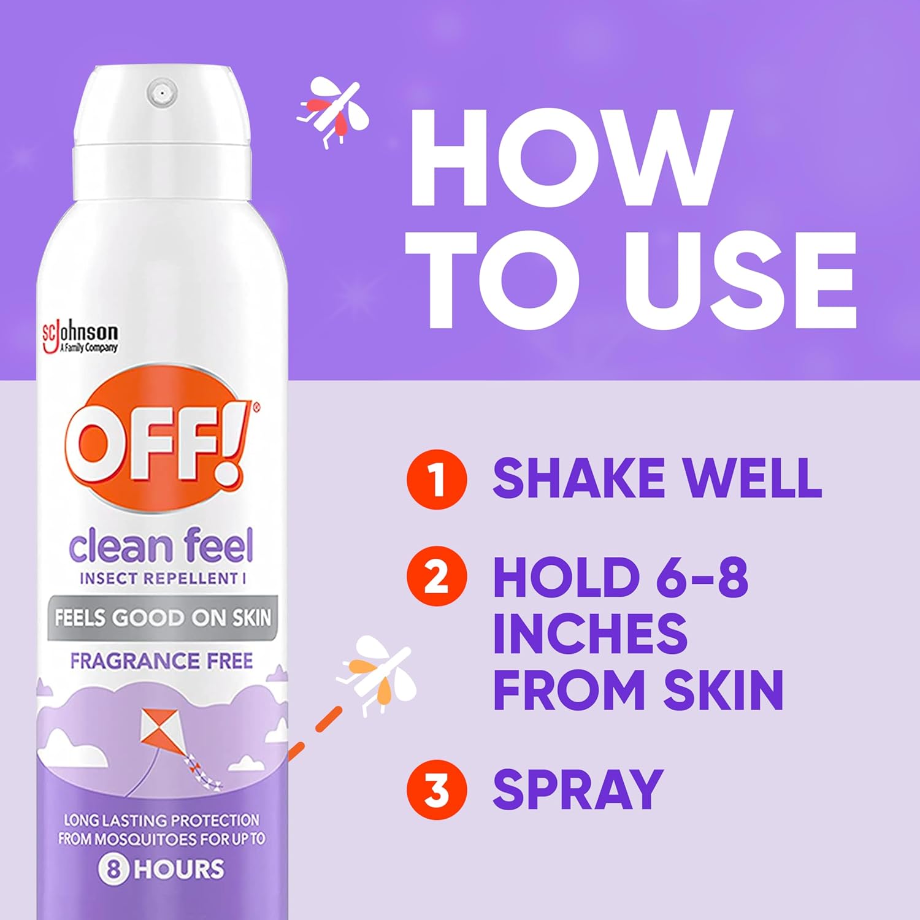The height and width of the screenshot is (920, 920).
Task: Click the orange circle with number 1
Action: [x=437, y=479]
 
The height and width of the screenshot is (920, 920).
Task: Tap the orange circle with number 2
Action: [x=437, y=577]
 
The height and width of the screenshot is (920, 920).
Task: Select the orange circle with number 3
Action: [x=437, y=790]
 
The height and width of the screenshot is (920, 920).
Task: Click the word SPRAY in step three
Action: [x=578, y=790]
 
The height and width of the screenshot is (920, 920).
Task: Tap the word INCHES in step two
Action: [x=590, y=634]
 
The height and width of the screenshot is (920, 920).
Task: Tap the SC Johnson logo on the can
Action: [x=80, y=338]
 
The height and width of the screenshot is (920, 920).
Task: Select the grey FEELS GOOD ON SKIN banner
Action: [x=163, y=618]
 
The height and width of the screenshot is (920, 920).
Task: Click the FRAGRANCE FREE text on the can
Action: [x=161, y=661]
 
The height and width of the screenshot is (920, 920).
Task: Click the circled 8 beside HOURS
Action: [x=113, y=869]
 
